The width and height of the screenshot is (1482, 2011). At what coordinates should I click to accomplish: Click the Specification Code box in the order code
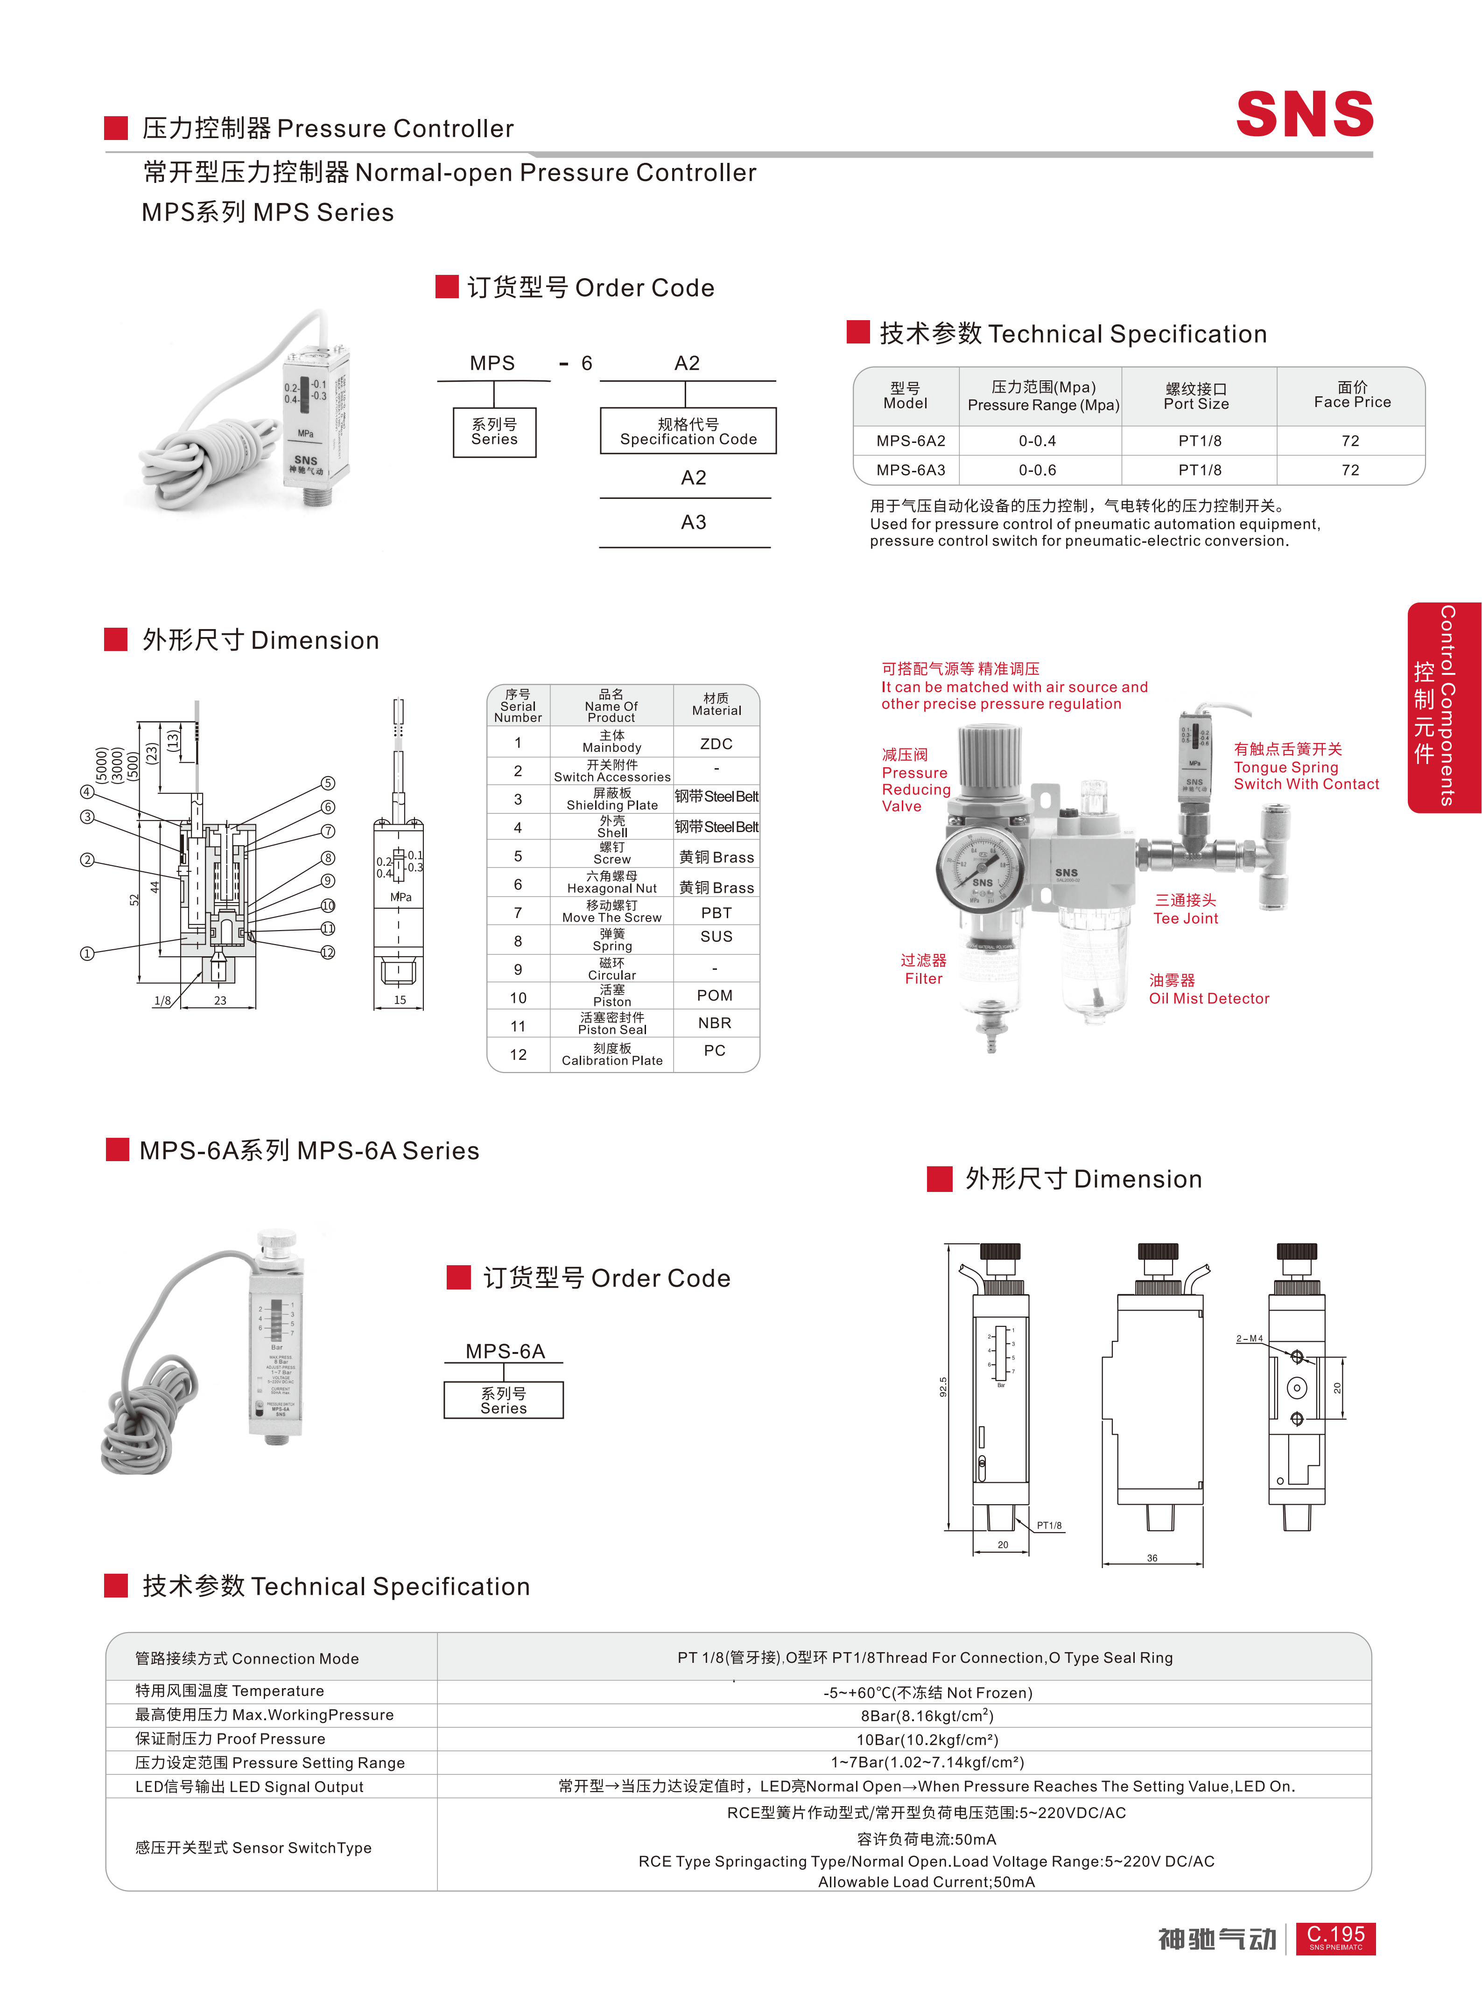[688, 431]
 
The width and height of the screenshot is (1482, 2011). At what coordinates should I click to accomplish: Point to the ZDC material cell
[716, 743]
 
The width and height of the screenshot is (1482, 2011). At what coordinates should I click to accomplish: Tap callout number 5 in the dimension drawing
[328, 783]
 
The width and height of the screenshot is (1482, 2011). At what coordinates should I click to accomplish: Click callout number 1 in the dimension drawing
[87, 953]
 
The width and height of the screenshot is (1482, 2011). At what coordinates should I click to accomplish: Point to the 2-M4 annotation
[1249, 1339]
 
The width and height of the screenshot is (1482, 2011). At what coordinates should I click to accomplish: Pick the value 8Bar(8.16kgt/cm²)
[927, 1716]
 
